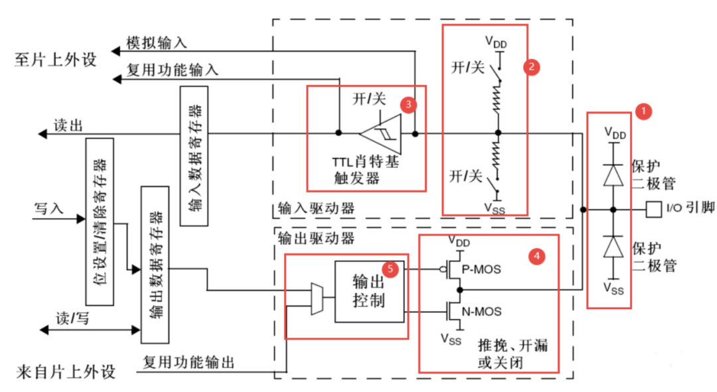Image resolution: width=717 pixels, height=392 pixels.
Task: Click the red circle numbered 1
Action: point(642,111)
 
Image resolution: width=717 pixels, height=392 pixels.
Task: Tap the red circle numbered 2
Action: point(532,66)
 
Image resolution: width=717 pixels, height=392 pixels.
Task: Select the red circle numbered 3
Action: point(408,104)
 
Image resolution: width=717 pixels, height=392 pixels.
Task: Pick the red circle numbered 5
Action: point(392,269)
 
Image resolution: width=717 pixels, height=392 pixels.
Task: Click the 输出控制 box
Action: point(370,291)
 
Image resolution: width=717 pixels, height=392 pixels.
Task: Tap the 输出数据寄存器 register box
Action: point(155,265)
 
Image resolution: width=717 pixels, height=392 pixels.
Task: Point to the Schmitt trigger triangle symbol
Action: point(381,133)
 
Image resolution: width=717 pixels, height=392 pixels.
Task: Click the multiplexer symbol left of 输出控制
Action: point(316,299)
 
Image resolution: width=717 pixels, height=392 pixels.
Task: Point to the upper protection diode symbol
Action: point(613,174)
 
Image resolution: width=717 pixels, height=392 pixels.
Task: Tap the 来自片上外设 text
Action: point(65,371)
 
